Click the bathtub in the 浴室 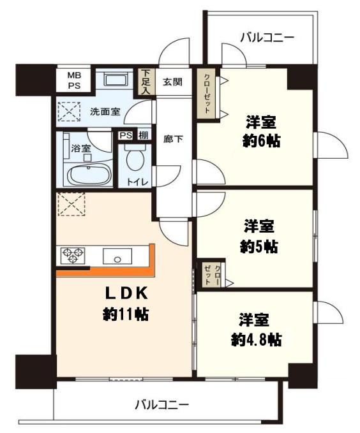click(x=89, y=174)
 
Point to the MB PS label click(x=75, y=80)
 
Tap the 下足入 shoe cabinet click(x=146, y=81)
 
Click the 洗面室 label click(x=105, y=112)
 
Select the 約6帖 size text click(x=262, y=141)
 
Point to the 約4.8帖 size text click(x=255, y=339)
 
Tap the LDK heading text click(x=126, y=293)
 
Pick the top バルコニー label click(x=268, y=38)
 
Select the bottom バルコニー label click(x=161, y=404)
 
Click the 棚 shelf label click(x=144, y=135)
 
